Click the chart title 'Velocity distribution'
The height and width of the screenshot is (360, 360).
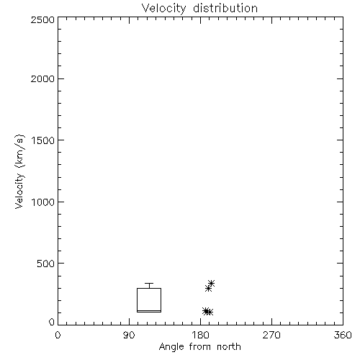pyautogui.click(x=199, y=9)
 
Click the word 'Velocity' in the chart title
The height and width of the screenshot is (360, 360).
pyautogui.click(x=164, y=9)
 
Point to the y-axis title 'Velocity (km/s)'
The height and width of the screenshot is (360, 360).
pyautogui.click(x=19, y=171)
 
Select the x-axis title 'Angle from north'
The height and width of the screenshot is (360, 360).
pyautogui.click(x=199, y=347)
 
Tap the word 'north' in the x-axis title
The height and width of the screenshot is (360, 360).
pyautogui.click(x=229, y=347)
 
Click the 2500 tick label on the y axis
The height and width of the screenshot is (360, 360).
pyautogui.click(x=42, y=19)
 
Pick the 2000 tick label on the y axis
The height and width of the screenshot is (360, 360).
pyautogui.click(x=42, y=78)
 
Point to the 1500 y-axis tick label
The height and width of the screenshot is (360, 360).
pyautogui.click(x=43, y=140)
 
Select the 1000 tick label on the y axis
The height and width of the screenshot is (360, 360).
pyautogui.click(x=43, y=202)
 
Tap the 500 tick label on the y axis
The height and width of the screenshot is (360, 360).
pyautogui.click(x=46, y=264)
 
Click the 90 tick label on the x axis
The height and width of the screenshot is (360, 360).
pyautogui.click(x=129, y=335)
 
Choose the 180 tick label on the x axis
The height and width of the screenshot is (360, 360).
pyautogui.click(x=200, y=335)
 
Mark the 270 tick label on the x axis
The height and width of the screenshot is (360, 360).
pyautogui.click(x=271, y=335)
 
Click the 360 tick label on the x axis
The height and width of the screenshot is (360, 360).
pyautogui.click(x=343, y=335)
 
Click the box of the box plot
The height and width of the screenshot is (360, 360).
pyautogui.click(x=137, y=300)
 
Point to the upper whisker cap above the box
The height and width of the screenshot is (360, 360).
pyautogui.click(x=149, y=284)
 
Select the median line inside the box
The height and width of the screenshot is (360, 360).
pyautogui.click(x=149, y=310)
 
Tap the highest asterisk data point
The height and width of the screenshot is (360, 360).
pyautogui.click(x=211, y=284)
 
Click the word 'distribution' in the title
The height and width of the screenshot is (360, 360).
pyautogui.click(x=225, y=9)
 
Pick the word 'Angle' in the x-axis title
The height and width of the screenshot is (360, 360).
pyautogui.click(x=171, y=347)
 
